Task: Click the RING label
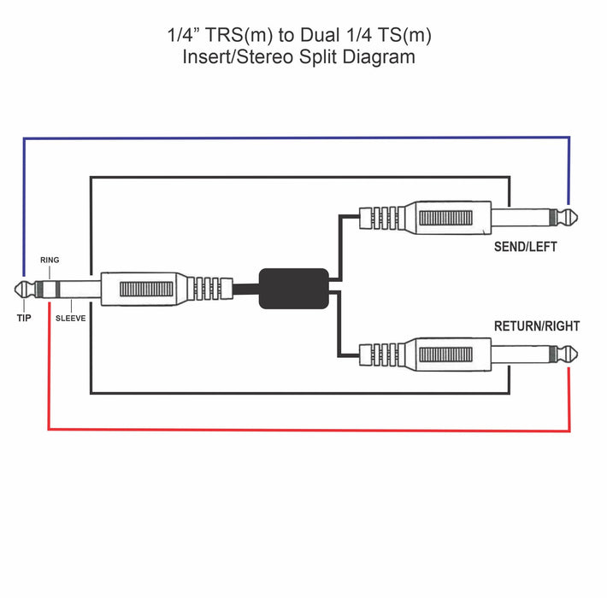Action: pyautogui.click(x=50, y=260)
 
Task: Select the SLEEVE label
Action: pyautogui.click(x=71, y=317)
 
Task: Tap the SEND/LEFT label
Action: pyautogui.click(x=525, y=247)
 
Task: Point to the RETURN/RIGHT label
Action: pyautogui.click(x=536, y=326)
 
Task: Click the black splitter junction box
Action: pyautogui.click(x=293, y=288)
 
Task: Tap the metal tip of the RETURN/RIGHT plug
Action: pyautogui.click(x=566, y=352)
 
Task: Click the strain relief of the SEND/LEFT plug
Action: pyautogui.click(x=380, y=217)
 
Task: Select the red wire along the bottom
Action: pyautogui.click(x=308, y=429)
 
